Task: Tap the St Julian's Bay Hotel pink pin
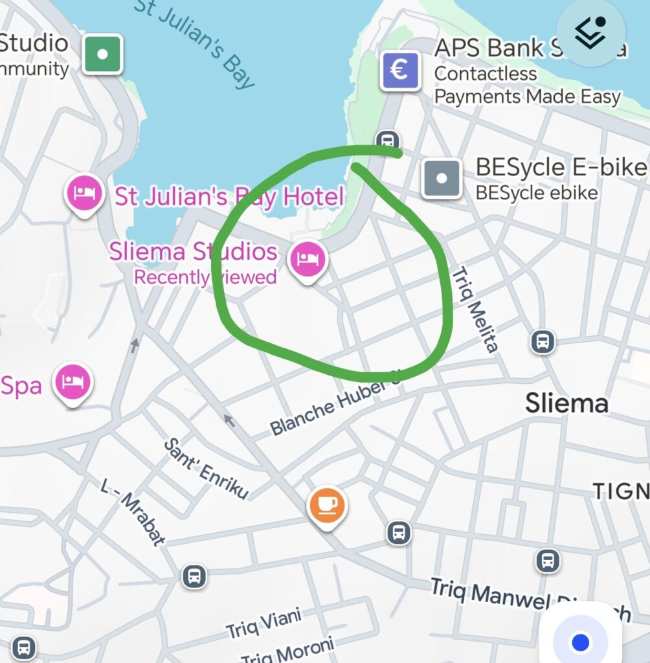point(85,194)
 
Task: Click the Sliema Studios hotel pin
point(308,259)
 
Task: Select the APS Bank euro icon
point(400,70)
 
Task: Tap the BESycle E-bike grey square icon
point(442,177)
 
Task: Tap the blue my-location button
point(581,642)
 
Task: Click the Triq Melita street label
point(476,309)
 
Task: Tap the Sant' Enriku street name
point(206,469)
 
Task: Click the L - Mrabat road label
point(133,512)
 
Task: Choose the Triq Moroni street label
point(288,651)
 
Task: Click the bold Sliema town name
point(566,403)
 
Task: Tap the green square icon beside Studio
point(102,54)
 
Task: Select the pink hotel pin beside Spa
point(72,382)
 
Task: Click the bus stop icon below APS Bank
point(387,140)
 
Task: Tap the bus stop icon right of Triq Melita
point(543,341)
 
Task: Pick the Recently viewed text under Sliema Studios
point(205,278)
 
